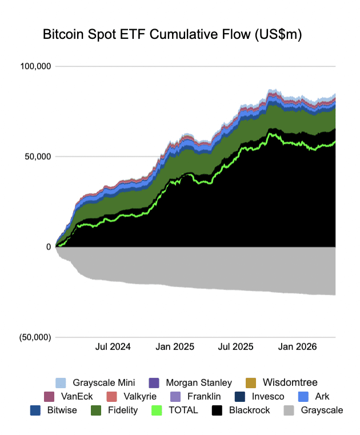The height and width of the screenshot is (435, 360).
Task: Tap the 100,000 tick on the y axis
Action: [35, 66]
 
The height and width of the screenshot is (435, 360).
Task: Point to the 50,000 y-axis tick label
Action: [38, 156]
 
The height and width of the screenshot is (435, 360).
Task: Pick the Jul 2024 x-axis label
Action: [113, 347]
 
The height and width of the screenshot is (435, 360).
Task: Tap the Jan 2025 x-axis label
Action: [175, 347]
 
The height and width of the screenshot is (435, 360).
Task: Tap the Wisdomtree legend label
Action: [290, 382]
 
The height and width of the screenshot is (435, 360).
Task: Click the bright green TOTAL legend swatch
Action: [157, 410]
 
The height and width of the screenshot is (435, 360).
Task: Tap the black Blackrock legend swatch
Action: [217, 410]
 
